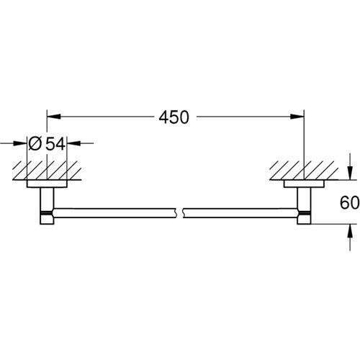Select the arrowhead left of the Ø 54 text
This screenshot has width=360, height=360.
click(x=23, y=144)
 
